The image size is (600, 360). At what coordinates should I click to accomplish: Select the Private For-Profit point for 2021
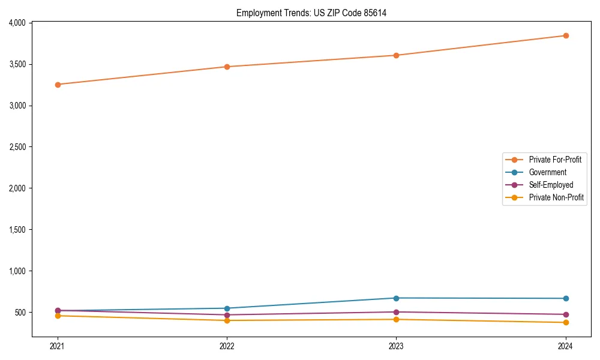click(58, 85)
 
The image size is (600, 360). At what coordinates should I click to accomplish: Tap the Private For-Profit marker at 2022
click(227, 67)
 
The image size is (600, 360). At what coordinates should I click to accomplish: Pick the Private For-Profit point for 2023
click(396, 55)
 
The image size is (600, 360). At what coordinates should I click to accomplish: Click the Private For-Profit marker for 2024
click(566, 35)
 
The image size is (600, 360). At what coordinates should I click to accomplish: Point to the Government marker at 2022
click(227, 308)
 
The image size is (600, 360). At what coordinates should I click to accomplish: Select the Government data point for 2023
click(396, 298)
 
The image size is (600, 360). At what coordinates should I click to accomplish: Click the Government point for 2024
click(566, 298)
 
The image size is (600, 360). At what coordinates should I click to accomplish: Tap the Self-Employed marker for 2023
click(396, 312)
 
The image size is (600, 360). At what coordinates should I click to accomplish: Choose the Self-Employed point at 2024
click(566, 314)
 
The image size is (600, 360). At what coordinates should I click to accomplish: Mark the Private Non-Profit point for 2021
click(58, 316)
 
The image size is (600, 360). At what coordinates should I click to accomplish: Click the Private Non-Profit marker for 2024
click(566, 323)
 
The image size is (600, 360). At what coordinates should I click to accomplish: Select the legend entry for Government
click(547, 172)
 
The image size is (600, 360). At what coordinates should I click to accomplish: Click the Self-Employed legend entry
click(551, 185)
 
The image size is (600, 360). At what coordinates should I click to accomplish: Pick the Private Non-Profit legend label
click(556, 197)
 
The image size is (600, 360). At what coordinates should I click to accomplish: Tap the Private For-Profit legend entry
click(555, 160)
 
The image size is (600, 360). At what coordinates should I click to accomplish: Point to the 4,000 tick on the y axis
click(17, 23)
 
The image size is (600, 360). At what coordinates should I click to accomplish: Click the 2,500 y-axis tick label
click(17, 147)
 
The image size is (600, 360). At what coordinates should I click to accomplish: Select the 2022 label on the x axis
click(227, 346)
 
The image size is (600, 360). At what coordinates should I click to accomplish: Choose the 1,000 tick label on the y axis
click(17, 271)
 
